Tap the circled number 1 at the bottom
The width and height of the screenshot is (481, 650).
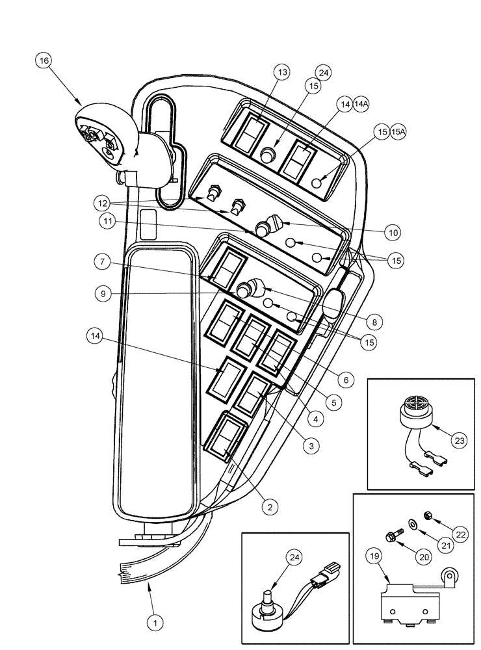click(155, 622)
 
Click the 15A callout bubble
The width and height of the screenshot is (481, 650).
click(399, 131)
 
